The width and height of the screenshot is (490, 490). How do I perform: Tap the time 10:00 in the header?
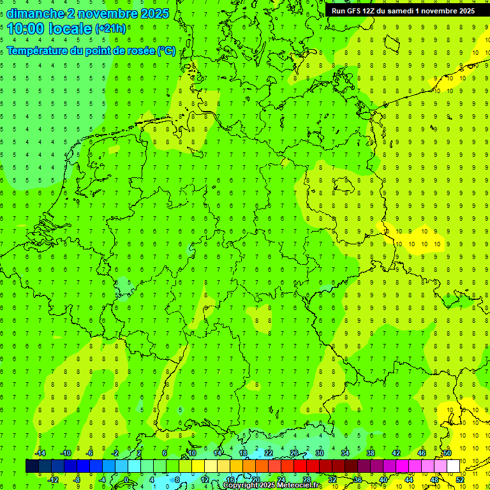[x=25, y=28]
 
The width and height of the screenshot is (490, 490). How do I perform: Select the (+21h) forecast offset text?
[x=110, y=29]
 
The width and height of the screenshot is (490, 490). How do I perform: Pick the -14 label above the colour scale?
[x=40, y=453]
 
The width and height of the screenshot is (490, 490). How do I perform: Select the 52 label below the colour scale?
[x=460, y=480]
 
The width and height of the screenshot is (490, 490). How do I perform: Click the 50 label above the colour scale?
[x=447, y=453]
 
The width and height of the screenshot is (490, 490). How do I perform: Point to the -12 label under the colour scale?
[x=53, y=480]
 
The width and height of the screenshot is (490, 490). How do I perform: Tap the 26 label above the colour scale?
[x=294, y=453]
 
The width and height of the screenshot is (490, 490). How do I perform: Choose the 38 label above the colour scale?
[x=371, y=453]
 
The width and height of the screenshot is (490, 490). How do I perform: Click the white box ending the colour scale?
[x=453, y=466]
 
